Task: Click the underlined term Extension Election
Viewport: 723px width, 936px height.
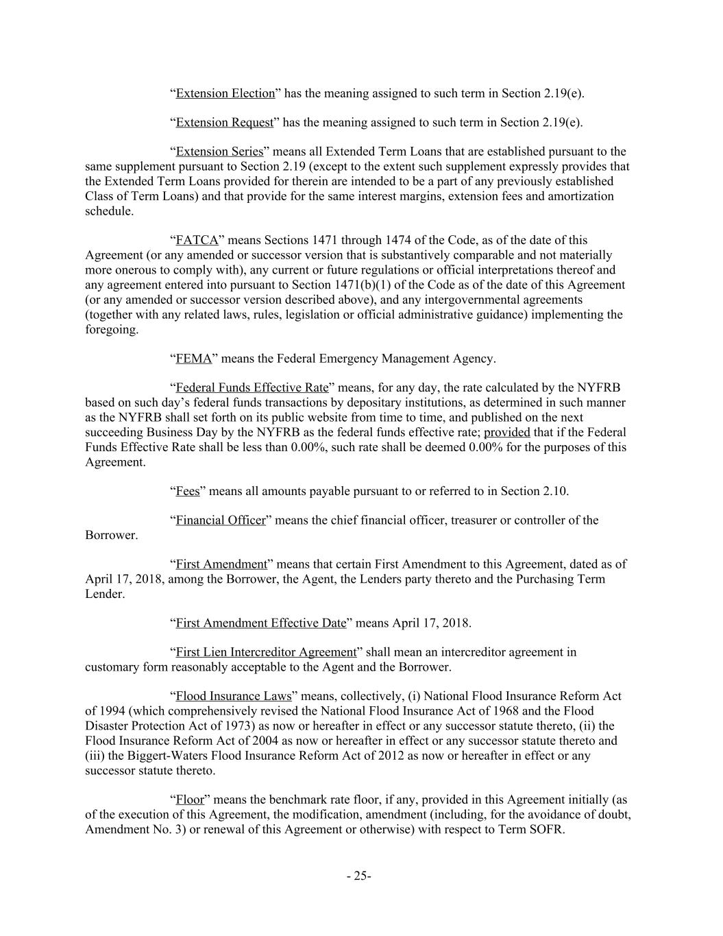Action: point(225,93)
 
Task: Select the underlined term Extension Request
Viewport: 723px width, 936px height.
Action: point(224,123)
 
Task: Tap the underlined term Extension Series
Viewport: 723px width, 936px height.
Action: point(219,152)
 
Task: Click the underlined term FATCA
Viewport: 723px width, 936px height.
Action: point(197,240)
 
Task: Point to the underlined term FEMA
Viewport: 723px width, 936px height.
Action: point(194,359)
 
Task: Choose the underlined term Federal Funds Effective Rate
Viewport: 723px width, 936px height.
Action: point(252,388)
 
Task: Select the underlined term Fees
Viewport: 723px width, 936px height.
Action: point(188,491)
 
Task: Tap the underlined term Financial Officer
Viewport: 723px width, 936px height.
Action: point(220,520)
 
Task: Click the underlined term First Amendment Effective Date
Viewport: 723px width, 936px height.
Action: point(261,623)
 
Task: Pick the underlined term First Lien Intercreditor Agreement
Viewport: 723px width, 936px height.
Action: point(266,652)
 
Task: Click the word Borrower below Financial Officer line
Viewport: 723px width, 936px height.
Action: point(110,535)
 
